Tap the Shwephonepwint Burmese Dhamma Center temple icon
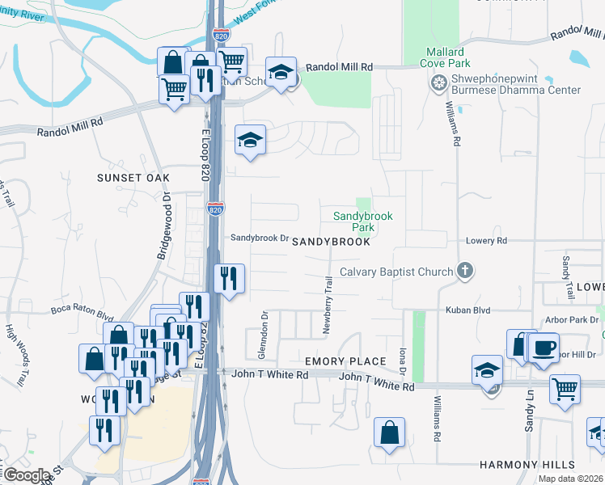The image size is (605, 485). point(439,82)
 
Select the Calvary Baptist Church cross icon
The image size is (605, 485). point(464,271)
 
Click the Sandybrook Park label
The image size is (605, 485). point(363,221)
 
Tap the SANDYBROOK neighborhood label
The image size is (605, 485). point(331,242)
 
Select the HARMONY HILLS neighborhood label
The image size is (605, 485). point(527,465)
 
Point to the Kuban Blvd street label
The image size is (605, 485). point(464,310)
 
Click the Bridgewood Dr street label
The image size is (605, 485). point(163,226)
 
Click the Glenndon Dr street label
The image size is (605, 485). point(264,326)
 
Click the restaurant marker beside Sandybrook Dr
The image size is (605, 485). point(229,279)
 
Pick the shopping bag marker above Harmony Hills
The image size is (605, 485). point(389,432)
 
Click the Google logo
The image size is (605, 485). point(27,475)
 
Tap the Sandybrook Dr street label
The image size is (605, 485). point(260,238)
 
